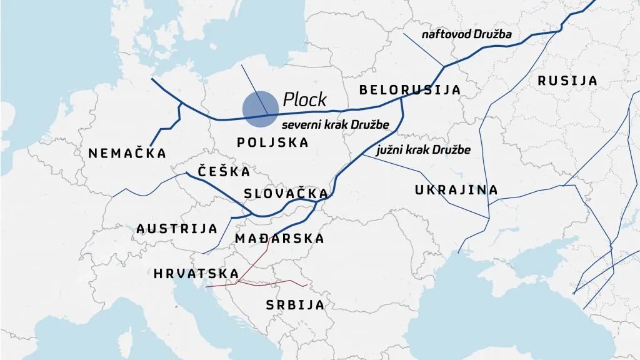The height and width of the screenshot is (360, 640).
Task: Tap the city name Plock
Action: tap(304, 99)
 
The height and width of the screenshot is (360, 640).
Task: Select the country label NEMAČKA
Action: tap(127, 153)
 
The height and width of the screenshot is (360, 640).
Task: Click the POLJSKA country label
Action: tap(272, 142)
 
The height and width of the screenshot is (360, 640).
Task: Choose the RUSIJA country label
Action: tap(567, 81)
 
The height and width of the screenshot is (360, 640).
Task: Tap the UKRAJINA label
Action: tap(456, 189)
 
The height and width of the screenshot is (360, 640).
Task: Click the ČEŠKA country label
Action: tap(224, 171)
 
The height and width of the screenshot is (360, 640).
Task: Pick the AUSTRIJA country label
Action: tap(177, 229)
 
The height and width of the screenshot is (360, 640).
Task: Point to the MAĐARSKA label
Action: tap(279, 238)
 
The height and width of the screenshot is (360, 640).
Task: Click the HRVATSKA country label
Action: tap(196, 274)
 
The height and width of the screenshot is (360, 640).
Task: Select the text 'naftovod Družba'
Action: tap(466, 34)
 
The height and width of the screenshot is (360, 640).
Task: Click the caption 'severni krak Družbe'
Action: tap(335, 125)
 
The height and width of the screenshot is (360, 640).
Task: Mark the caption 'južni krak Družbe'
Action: tap(423, 150)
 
